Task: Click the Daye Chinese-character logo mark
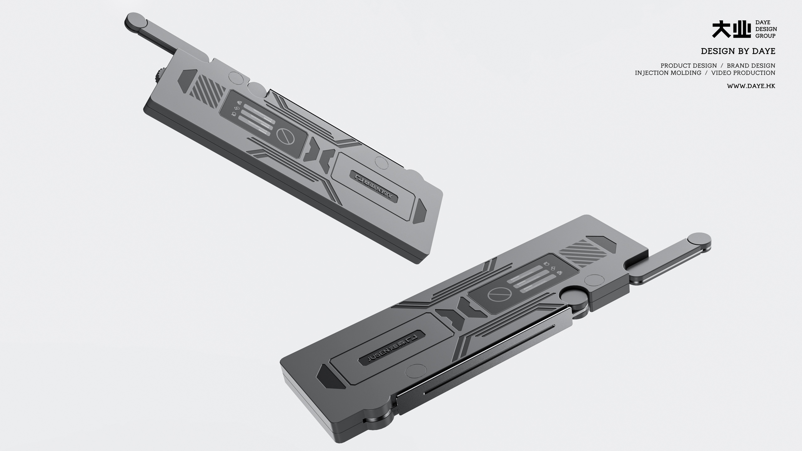pos(731,29)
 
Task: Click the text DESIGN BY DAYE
pos(738,51)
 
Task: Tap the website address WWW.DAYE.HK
pos(751,86)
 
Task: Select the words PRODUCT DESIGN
pos(689,66)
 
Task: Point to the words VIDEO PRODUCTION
pos(743,73)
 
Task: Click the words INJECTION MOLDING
pos(668,73)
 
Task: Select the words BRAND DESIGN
pos(751,66)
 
